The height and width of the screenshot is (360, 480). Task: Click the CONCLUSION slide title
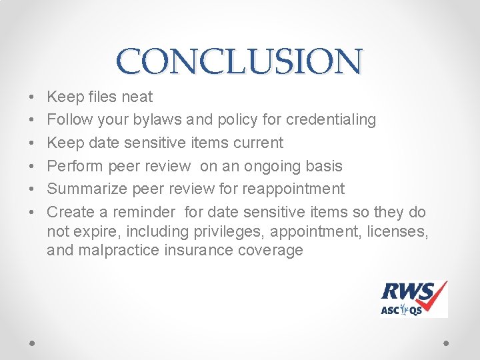(x=240, y=61)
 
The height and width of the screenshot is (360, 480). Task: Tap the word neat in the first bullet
(x=137, y=97)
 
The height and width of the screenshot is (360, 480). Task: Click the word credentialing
(x=331, y=120)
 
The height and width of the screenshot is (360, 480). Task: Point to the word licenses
(x=399, y=231)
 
